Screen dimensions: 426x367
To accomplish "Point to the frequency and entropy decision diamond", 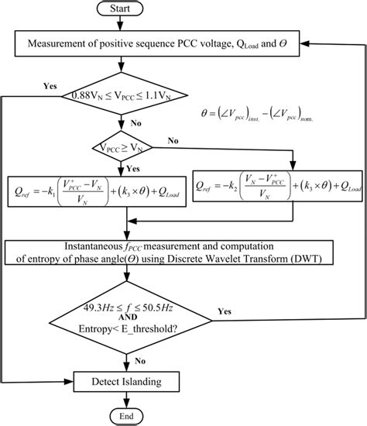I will pyautogui.click(x=138, y=315).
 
